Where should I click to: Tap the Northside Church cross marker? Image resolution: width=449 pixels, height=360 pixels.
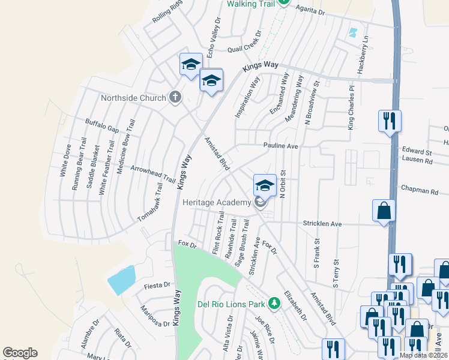tap(175, 97)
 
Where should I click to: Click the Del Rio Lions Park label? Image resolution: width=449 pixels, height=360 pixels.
tap(231, 304)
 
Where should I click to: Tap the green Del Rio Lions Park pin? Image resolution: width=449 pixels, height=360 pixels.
tap(274, 303)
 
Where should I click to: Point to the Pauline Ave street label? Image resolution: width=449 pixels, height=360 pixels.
tap(280, 146)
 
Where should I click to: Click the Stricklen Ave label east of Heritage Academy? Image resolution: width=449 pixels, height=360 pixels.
tap(322, 224)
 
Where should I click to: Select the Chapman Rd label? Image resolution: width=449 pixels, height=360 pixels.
tap(420, 190)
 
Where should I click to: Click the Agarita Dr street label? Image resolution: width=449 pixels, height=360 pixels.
tap(310, 11)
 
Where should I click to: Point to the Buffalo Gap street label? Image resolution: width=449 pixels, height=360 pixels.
tap(102, 126)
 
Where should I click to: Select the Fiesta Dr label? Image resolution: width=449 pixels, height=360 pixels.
tap(157, 285)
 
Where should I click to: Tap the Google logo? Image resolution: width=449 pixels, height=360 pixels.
tap(20, 353)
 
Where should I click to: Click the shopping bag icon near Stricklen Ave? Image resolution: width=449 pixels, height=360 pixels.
tap(384, 212)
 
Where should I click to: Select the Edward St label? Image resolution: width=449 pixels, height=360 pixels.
tap(417, 152)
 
